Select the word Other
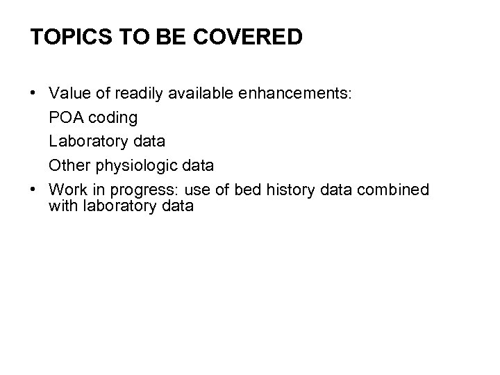click(x=67, y=166)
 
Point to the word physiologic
click(x=131, y=166)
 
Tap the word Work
click(x=67, y=190)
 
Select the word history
click(x=287, y=190)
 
